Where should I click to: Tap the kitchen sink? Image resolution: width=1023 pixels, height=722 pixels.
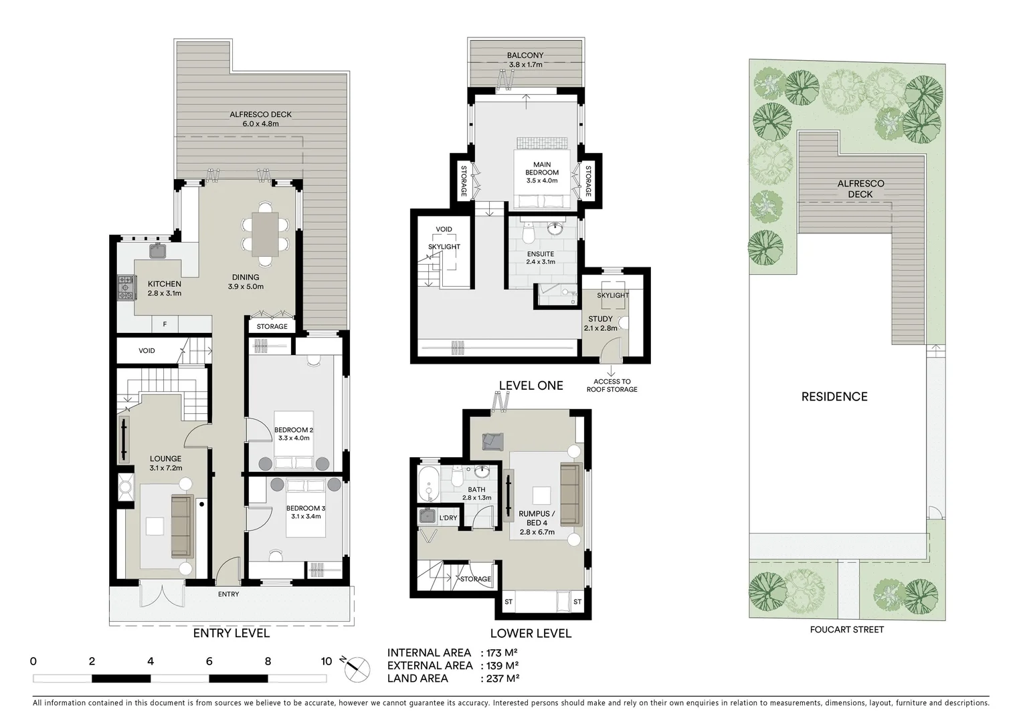pos(158,251)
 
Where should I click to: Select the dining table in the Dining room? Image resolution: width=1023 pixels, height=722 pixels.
pos(266,234)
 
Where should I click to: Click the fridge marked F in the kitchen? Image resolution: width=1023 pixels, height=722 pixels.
pos(165,325)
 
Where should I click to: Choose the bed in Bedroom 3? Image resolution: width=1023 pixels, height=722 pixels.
pos(305,508)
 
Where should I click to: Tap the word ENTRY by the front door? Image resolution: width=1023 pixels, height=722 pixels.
pos(228,594)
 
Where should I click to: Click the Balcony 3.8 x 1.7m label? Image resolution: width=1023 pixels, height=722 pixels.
pos(525,60)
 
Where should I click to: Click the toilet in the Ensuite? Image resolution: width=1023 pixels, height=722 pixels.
pos(527,235)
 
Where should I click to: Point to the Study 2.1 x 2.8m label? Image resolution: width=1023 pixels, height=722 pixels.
pos(600,324)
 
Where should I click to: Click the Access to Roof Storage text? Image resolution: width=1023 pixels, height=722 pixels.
pos(612,385)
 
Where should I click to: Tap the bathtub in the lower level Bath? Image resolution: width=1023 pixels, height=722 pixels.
pos(428,483)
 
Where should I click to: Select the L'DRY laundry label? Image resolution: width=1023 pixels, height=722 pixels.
pos(448,518)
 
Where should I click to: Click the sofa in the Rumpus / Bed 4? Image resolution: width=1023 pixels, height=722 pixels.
pos(570,494)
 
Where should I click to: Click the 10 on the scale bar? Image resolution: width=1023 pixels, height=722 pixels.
pos(326,662)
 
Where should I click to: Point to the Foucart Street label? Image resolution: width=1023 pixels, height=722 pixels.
pos(846,629)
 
